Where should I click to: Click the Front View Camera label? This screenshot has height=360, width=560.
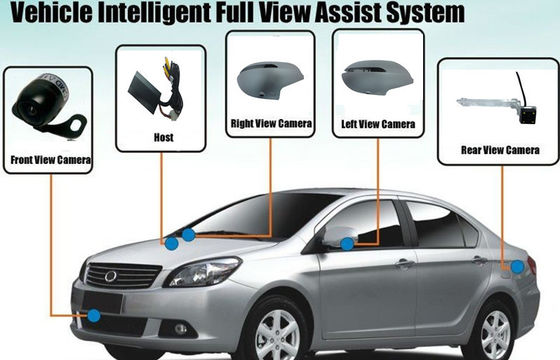[x=51, y=160]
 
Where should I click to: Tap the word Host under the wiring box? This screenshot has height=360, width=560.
[x=164, y=137]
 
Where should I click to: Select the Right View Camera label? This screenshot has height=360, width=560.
[x=271, y=124]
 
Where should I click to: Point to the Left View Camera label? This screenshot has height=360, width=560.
[x=378, y=124]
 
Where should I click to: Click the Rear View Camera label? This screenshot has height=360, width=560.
[x=500, y=150]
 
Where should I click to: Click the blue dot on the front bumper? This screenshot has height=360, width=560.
[x=94, y=316]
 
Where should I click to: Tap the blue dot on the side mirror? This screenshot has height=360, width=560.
[x=347, y=244]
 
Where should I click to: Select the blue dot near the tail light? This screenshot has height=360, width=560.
[x=517, y=267]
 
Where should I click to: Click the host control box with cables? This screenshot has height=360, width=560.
[x=155, y=89]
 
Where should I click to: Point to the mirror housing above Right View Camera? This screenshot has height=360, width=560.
[x=270, y=80]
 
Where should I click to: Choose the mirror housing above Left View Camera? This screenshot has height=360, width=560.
[x=377, y=78]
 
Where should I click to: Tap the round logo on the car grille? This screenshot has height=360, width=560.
[x=111, y=276]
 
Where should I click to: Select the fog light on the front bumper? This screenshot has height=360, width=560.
[x=181, y=329]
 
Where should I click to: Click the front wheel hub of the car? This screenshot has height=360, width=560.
[x=278, y=335]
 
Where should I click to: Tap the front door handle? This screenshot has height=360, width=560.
[x=405, y=264]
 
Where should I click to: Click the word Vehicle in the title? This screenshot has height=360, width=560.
[x=51, y=12]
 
